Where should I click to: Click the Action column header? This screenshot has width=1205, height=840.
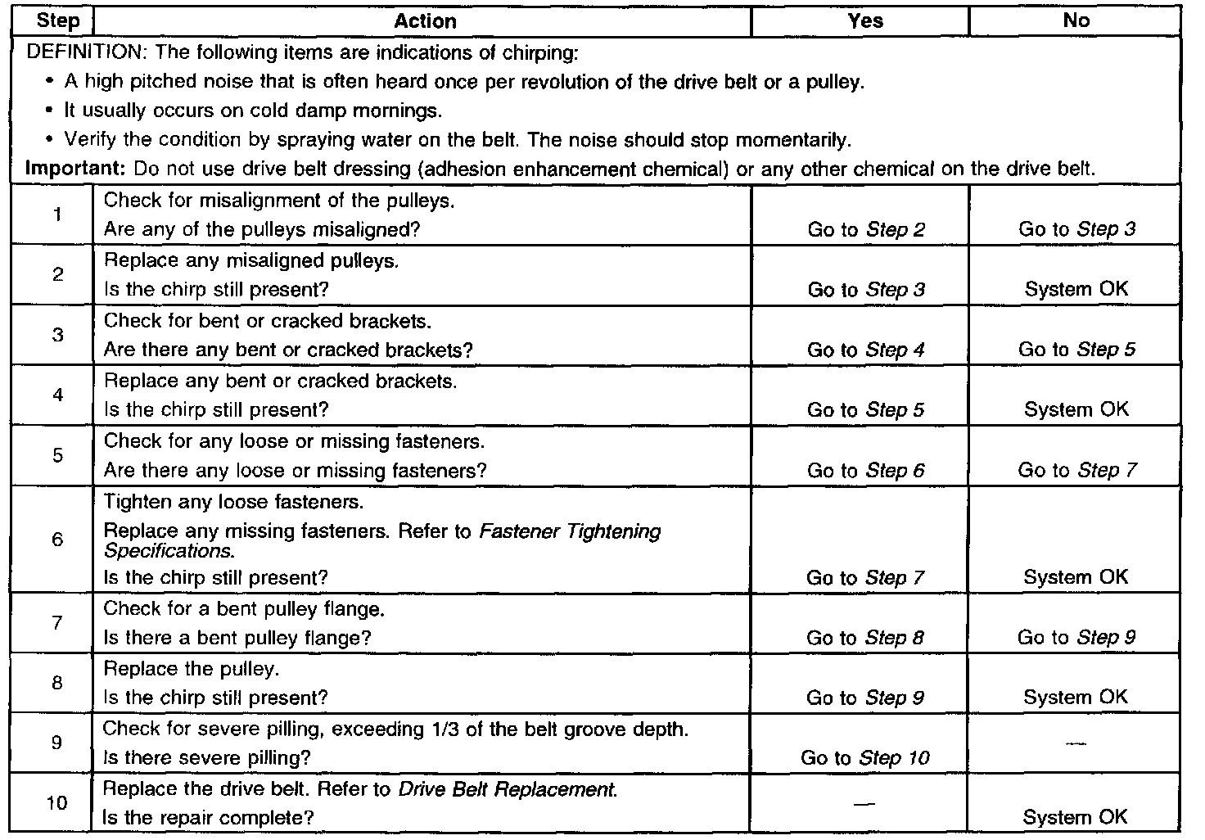425,21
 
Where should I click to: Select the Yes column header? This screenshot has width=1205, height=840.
865,21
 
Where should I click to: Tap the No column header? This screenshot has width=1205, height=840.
1076,21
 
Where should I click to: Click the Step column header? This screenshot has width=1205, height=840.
58,21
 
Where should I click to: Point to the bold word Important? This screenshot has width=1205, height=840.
74,169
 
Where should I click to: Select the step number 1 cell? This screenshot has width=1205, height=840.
57,215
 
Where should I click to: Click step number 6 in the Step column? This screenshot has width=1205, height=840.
57,540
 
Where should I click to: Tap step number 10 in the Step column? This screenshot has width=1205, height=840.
56,803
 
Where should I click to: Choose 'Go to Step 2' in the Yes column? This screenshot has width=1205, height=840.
865,230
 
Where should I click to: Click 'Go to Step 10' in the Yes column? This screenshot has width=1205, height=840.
864,758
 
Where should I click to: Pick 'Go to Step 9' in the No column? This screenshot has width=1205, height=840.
1076,638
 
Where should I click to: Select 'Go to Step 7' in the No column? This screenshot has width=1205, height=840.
1076,470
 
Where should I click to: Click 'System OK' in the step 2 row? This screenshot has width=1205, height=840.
1076,289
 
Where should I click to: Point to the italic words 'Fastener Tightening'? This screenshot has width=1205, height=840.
570,531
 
